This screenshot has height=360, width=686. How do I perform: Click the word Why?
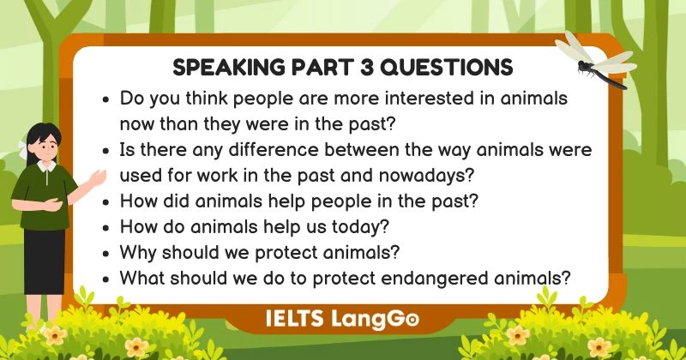point(137,254)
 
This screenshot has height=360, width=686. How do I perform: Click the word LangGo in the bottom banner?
point(376,318)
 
